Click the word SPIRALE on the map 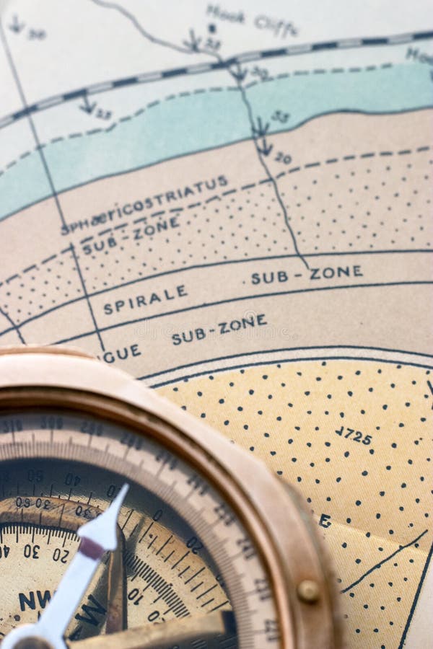(145, 299)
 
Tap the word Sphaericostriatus (144, 205)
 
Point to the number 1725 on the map (354, 436)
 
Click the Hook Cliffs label (252, 20)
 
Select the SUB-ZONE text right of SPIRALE (307, 274)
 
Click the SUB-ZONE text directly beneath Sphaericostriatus (130, 236)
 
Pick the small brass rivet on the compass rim (308, 591)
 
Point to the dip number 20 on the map (283, 158)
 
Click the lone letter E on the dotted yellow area (325, 521)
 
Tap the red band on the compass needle (92, 548)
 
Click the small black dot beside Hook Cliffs (212, 28)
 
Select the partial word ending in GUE (122, 353)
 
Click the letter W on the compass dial (92, 614)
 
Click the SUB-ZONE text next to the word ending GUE (219, 329)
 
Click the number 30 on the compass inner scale (30, 551)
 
